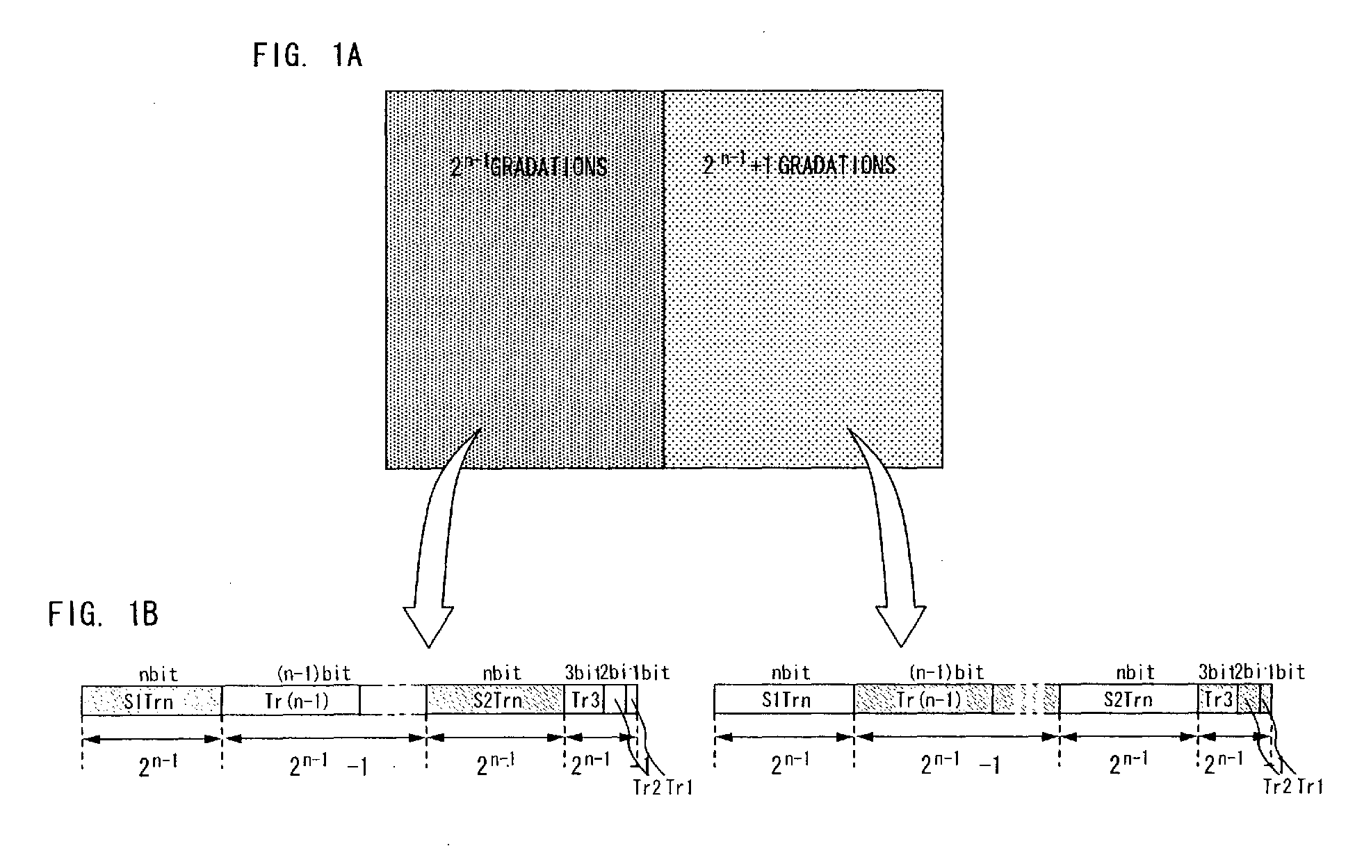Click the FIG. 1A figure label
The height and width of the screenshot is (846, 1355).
(x=307, y=55)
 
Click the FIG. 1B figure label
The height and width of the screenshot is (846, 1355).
(x=103, y=615)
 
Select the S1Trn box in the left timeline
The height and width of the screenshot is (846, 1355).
(x=152, y=700)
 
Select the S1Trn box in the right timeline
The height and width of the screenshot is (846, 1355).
(x=784, y=699)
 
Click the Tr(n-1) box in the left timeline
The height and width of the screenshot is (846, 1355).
(x=291, y=700)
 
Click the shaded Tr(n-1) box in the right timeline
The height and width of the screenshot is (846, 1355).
(x=923, y=699)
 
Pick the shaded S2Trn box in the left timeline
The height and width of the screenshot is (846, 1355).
(x=495, y=700)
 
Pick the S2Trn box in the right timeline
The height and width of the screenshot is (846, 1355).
(x=1128, y=699)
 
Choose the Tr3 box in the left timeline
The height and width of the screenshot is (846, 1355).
(x=584, y=700)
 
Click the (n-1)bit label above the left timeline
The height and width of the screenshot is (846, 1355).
(x=314, y=673)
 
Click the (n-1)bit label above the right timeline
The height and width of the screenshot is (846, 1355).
(x=946, y=672)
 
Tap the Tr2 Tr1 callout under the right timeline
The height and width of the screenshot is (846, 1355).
(x=1292, y=786)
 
